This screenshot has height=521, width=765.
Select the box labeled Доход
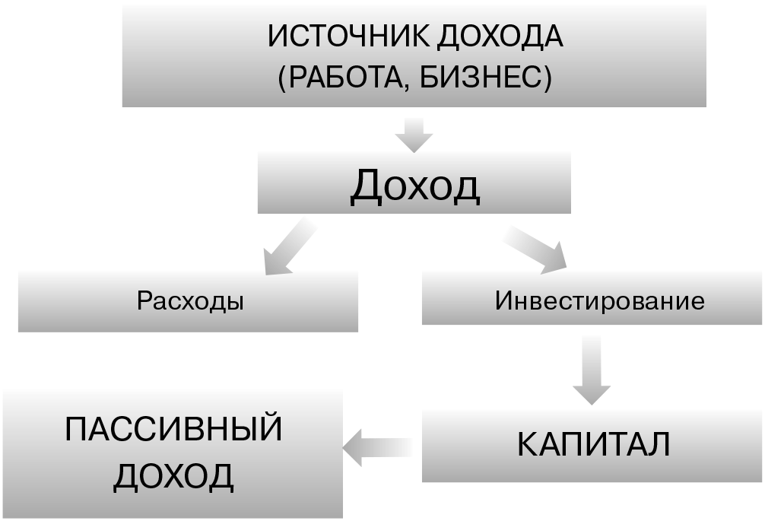[414, 183]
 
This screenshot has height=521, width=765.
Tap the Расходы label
[190, 300]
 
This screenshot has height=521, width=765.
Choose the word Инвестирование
[599, 300]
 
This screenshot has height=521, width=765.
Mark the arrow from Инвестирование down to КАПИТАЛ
[592, 370]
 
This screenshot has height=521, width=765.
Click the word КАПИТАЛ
[593, 445]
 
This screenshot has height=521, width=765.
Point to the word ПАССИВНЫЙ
[173, 430]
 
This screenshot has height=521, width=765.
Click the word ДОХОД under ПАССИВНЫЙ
[173, 477]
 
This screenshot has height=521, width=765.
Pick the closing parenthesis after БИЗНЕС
[547, 78]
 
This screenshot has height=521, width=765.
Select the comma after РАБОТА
[402, 87]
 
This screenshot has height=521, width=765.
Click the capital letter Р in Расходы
[144, 301]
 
